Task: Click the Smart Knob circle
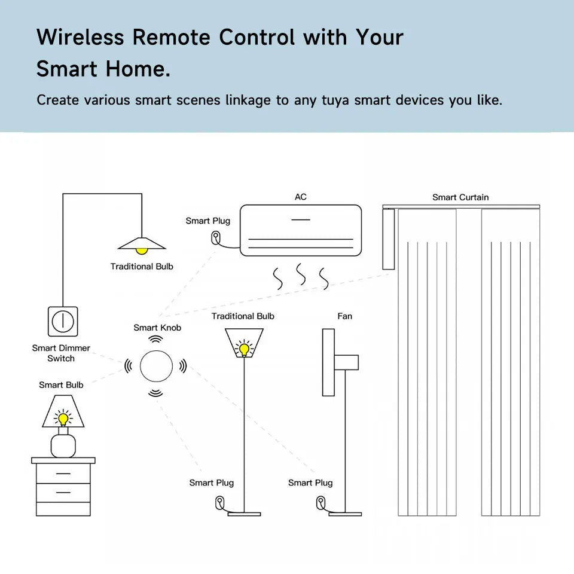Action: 156,365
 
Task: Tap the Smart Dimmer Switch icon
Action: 62,321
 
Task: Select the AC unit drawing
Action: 301,231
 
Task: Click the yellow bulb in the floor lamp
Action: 244,349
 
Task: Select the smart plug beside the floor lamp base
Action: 221,502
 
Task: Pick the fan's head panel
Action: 328,362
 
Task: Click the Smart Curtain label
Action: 460,197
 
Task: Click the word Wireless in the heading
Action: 80,37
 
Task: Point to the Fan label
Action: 345,316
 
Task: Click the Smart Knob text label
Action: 157,327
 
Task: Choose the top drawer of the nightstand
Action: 63,474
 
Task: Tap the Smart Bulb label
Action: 61,384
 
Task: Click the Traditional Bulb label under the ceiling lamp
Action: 142,266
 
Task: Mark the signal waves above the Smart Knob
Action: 156,338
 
